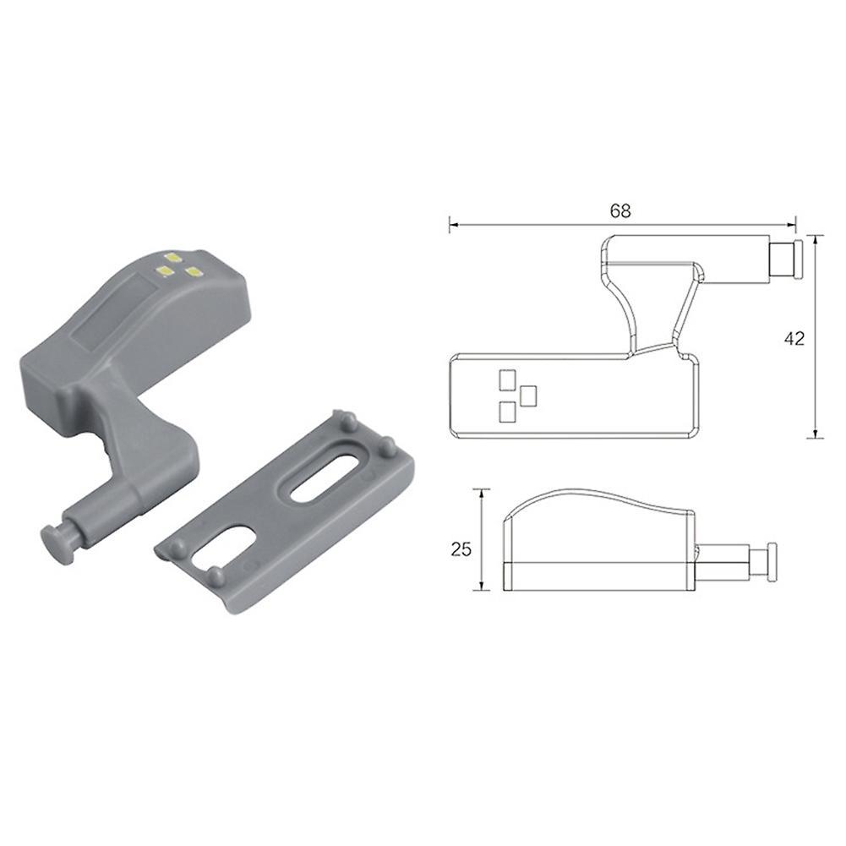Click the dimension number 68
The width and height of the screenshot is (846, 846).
tap(620, 211)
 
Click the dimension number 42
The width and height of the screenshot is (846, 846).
tap(794, 338)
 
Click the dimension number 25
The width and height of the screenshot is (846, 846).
tap(461, 549)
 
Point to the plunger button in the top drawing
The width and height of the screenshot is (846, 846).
tap(786, 260)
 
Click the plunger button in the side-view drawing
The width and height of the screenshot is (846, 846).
tap(762, 561)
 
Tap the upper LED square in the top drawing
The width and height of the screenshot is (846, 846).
tap(507, 379)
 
